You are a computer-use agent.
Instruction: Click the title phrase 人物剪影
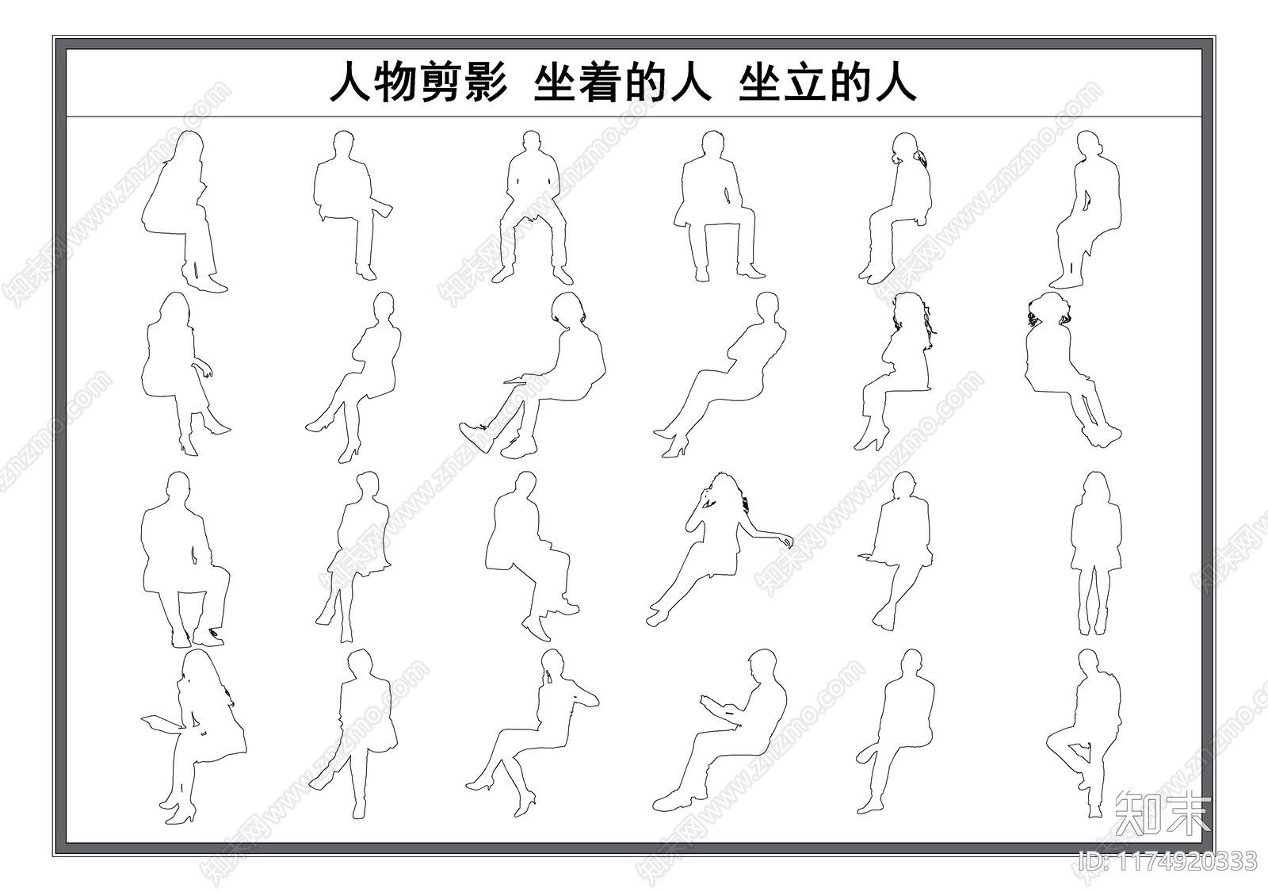(x=418, y=82)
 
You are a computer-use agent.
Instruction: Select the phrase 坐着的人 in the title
(x=622, y=82)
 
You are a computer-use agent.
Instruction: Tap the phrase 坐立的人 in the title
(x=827, y=82)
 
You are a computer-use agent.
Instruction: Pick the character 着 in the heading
(x=599, y=82)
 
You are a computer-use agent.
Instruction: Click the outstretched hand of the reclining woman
(x=787, y=541)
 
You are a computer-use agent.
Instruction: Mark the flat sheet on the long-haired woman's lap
(x=159, y=721)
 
